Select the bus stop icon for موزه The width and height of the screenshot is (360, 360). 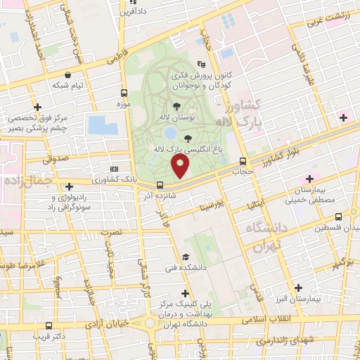pyautogui.click(x=124, y=93)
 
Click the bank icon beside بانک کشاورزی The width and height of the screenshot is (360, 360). pyautogui.click(x=115, y=169)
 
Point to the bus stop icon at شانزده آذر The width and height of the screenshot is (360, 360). pyautogui.click(x=158, y=185)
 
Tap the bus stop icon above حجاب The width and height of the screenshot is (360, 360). pyautogui.click(x=243, y=160)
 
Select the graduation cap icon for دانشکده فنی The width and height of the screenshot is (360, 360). pyautogui.click(x=186, y=257)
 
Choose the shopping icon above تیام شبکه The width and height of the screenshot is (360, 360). pyautogui.click(x=67, y=75)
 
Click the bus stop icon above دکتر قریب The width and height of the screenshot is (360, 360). pyautogui.click(x=48, y=326)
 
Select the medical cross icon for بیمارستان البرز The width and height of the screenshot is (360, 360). pyautogui.click(x=300, y=288)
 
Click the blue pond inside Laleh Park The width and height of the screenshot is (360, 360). pyautogui.click(x=169, y=132)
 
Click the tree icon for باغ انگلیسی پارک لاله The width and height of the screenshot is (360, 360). pyautogui.click(x=187, y=139)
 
